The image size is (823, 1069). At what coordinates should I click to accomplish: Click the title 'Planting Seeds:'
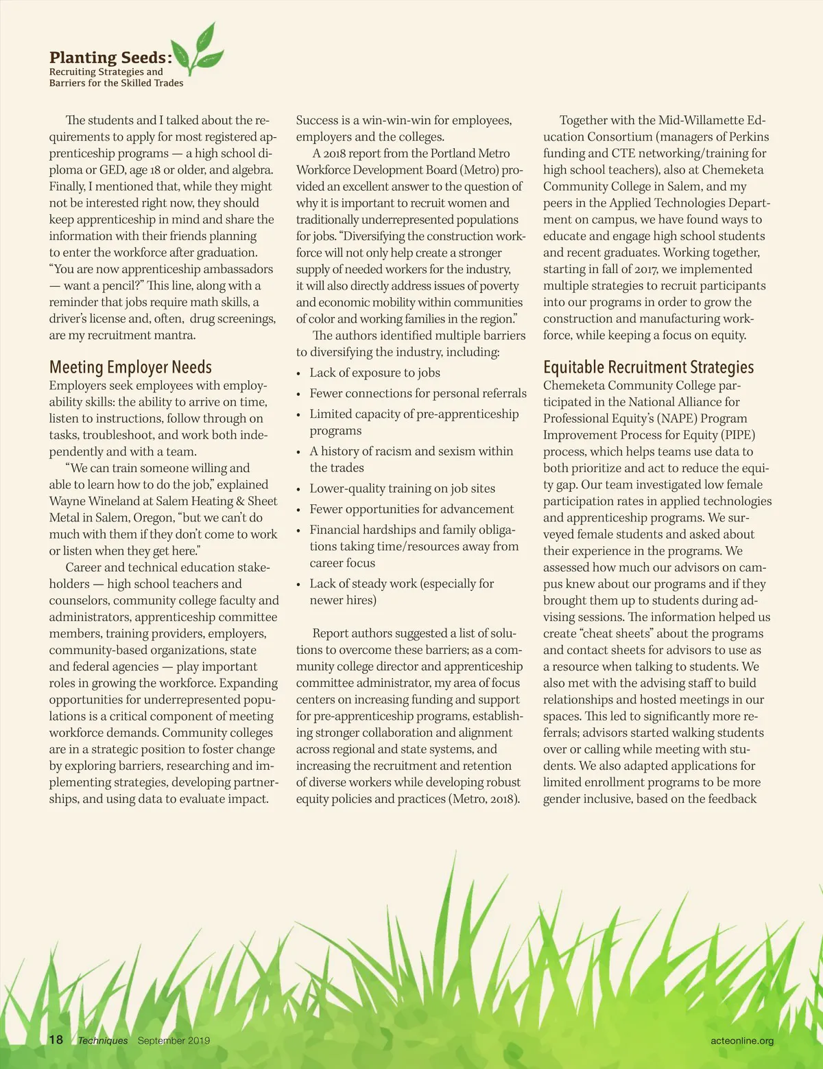tap(110, 58)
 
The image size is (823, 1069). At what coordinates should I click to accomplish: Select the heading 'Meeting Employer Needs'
tap(130, 368)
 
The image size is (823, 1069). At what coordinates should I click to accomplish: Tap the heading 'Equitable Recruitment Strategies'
tap(648, 368)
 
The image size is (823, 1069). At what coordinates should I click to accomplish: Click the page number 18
tap(56, 1039)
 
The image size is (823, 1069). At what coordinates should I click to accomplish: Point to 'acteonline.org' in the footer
tap(742, 1040)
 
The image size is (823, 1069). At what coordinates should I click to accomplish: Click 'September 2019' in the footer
tap(174, 1040)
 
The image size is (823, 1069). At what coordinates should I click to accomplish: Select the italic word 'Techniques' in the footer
tap(103, 1040)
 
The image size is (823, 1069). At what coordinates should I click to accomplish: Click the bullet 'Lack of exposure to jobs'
tap(374, 373)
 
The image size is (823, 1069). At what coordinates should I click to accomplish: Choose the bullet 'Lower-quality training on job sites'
tap(402, 489)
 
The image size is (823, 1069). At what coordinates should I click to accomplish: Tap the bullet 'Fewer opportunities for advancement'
tap(411, 509)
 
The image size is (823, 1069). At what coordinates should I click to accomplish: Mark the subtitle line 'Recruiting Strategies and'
tap(106, 71)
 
